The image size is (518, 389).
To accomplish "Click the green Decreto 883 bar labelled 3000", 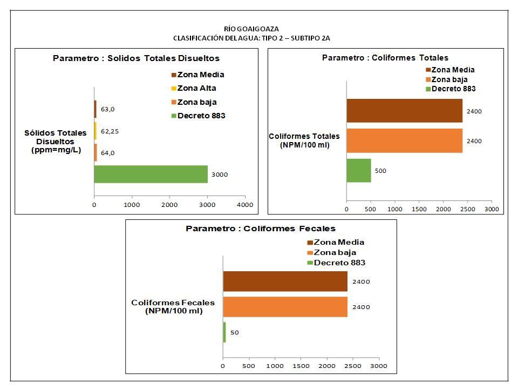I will coord(151,174).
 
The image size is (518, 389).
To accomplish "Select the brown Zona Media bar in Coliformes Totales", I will coord(404,111).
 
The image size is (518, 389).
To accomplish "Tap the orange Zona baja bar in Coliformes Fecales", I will coord(285,307).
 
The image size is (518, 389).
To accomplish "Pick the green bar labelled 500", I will coord(358,170).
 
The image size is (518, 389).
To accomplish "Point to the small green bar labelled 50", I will coord(224,332).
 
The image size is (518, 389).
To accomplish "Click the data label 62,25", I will coord(110,131).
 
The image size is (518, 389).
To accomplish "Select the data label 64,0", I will coord(107,153).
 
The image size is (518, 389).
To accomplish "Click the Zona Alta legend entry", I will coord(196,88).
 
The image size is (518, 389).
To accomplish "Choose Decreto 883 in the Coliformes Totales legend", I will coord(453,89).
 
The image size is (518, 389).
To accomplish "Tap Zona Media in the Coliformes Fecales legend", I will coord(338,242).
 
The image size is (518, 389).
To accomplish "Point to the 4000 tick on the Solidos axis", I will coord(244,205).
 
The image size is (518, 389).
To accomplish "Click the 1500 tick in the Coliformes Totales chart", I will coord(419,209).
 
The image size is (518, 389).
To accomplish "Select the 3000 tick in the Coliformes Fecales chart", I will coord(379,366).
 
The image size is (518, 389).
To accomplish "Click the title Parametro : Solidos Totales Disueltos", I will coord(136,58).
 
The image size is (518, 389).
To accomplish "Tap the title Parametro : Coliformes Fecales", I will coord(261,229).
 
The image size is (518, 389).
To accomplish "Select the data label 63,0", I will coord(107,109).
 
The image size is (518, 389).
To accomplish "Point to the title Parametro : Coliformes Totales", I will coord(385,58).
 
